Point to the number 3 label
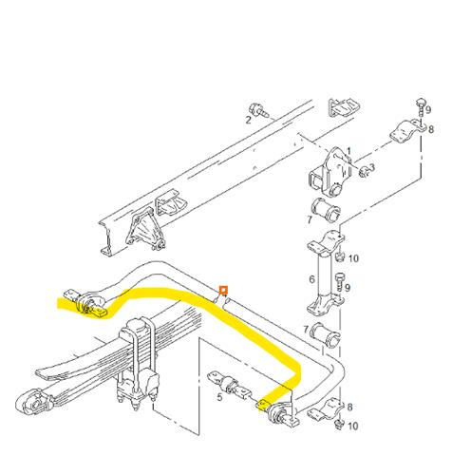tap(373, 168)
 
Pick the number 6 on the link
tap(312, 280)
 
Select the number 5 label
tap(219, 397)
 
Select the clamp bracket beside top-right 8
tap(405, 135)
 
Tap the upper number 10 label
tap(353, 258)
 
